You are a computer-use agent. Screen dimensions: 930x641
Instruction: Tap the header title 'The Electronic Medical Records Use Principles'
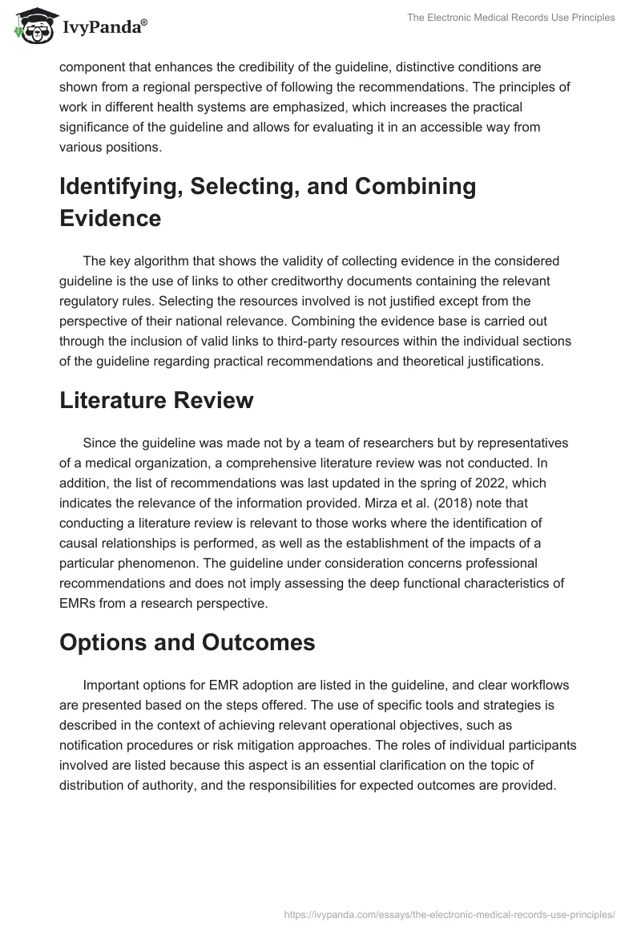pyautogui.click(x=510, y=18)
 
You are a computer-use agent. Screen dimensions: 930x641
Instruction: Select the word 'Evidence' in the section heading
pyautogui.click(x=111, y=219)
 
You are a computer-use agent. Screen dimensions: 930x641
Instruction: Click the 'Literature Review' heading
pyautogui.click(x=156, y=401)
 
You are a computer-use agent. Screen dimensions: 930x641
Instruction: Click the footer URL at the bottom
pyautogui.click(x=450, y=914)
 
